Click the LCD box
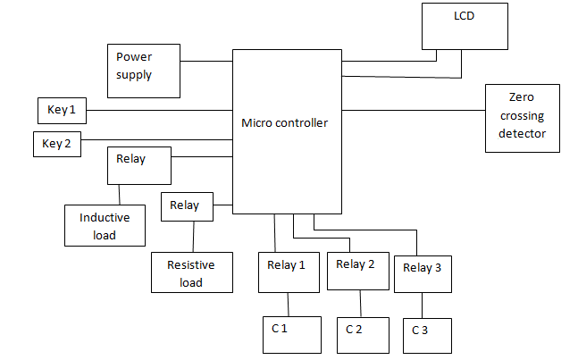pos(465,25)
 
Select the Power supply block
pos(142,70)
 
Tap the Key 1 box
pos(62,111)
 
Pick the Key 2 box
pos(56,144)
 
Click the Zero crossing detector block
pos(522,119)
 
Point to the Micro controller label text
pos(284,122)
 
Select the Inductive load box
pos(105,225)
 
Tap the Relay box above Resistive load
pos(187,207)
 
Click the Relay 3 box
pos(423,272)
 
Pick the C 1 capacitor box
pos(290,334)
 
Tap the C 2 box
pos(363,335)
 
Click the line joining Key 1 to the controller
pos(159,111)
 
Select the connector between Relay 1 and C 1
pos(287,304)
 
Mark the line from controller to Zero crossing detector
pos(413,111)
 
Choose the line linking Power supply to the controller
pos(205,62)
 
